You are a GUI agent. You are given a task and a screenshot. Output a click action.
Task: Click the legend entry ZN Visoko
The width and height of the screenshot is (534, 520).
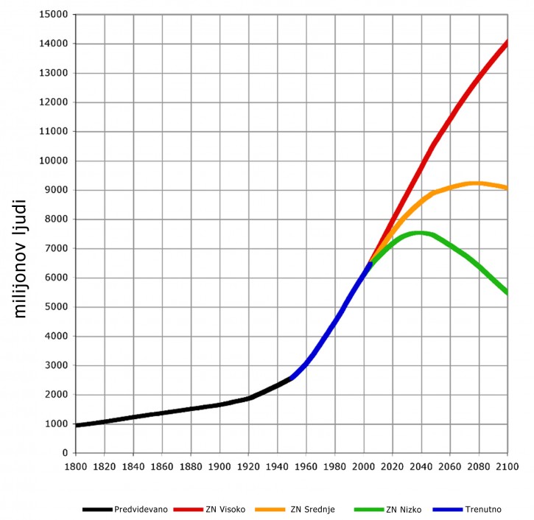[x=225, y=508]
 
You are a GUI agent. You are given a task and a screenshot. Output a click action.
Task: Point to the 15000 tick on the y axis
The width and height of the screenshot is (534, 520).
[x=53, y=15]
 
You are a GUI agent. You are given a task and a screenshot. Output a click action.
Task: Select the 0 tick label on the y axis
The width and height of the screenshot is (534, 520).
[x=64, y=453]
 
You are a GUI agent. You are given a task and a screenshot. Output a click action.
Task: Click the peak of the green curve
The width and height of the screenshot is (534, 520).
[x=418, y=233]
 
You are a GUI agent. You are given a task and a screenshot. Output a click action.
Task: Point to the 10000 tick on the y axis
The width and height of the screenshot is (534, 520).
[x=53, y=161]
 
